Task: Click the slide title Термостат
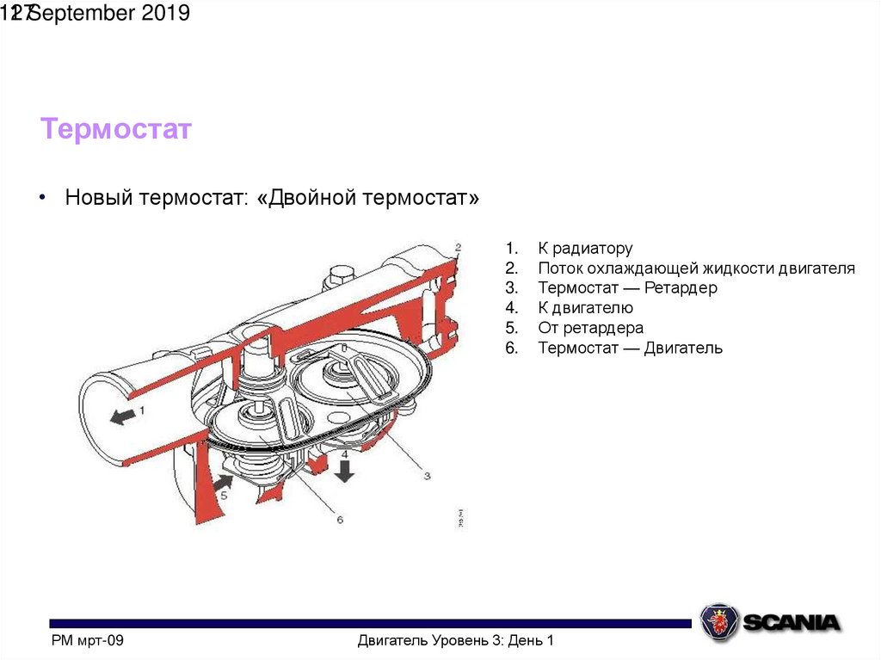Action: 115,130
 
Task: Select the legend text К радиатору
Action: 585,249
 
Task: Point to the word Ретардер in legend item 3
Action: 680,288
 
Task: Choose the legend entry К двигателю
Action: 585,308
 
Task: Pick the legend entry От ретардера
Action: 590,328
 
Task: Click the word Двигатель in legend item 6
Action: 683,348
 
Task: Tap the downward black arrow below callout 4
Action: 345,471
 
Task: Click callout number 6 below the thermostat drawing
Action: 340,520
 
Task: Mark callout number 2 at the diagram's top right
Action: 458,248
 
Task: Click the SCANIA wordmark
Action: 792,622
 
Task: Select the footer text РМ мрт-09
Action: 88,640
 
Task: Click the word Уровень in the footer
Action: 453,640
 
